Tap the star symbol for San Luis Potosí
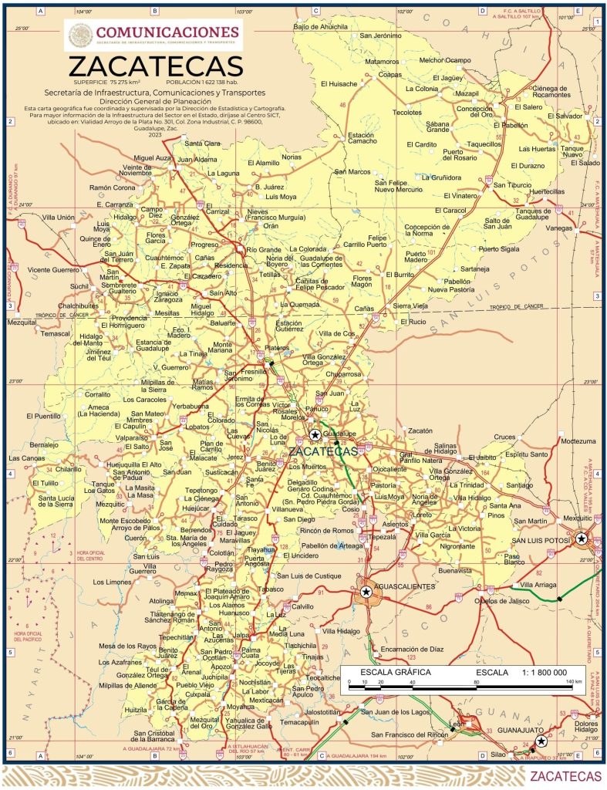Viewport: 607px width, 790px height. pos(582,538)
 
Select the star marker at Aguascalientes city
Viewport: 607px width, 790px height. pos(366,592)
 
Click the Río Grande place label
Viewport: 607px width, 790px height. pos(264,250)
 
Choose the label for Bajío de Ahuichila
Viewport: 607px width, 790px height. pos(320,27)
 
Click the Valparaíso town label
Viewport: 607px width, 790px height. pos(132,437)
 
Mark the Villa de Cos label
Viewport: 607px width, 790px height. pos(337,333)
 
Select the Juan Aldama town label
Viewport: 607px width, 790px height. pos(197,159)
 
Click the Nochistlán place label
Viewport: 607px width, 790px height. pos(255,683)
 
